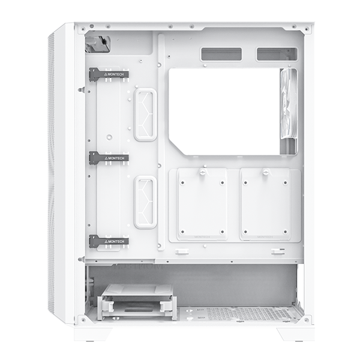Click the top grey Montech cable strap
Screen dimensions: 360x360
tap(109, 74)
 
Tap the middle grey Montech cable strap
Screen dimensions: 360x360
tap(109, 158)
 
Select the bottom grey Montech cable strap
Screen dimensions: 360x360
tap(109, 241)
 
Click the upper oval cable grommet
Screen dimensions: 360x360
tap(145, 114)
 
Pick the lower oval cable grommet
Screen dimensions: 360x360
tap(145, 202)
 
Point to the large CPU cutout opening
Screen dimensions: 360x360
tap(225, 111)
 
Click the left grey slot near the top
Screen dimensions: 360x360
tap(221, 55)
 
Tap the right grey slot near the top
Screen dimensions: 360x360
tap(277, 55)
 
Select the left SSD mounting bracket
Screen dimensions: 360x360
tap(202, 205)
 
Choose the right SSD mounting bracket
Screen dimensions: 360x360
tap(265, 205)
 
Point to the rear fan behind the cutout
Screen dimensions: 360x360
tap(289, 111)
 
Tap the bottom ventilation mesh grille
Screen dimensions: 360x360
tap(252, 313)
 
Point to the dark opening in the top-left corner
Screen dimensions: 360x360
tap(97, 43)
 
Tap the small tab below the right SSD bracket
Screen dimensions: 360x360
tap(277, 251)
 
